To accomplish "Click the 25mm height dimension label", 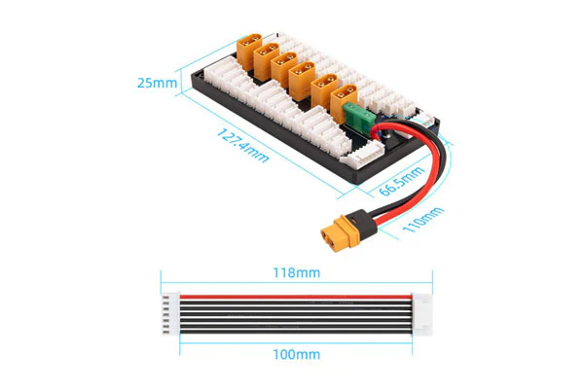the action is click(x=157, y=83).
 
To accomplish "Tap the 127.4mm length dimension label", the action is click(x=242, y=146).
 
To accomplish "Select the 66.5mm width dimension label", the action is click(x=401, y=181).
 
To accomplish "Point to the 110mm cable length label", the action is click(x=423, y=220).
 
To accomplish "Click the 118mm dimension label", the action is click(x=297, y=273).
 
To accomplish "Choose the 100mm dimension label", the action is click(x=297, y=354).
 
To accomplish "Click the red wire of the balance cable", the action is click(x=296, y=297).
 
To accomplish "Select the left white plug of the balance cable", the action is click(x=170, y=314).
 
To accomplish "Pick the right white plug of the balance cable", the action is click(x=422, y=314).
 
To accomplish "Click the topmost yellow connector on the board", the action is click(x=249, y=51).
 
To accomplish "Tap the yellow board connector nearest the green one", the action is click(x=344, y=102).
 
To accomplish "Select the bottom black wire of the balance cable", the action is click(x=296, y=332).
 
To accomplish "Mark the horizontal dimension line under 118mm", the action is click(x=297, y=283).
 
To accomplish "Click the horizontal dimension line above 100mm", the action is click(x=296, y=343).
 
